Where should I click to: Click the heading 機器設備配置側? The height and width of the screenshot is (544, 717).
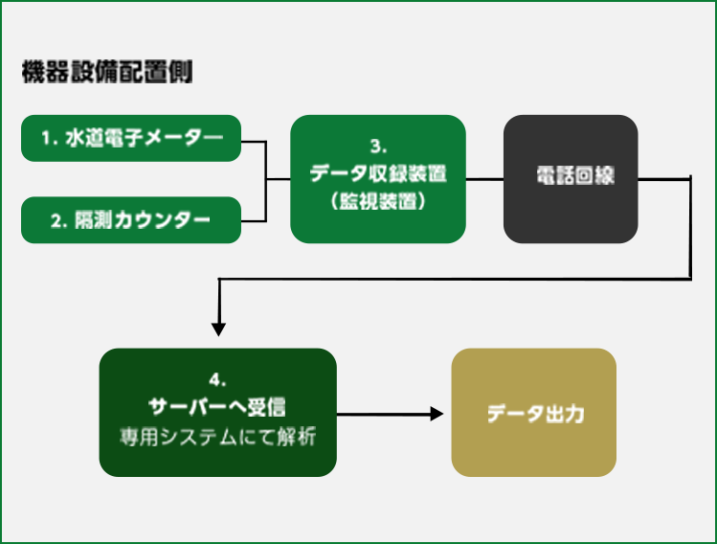[107, 72]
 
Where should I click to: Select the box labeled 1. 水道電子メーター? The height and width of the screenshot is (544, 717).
[131, 138]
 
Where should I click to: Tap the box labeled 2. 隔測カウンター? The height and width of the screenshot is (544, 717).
[131, 220]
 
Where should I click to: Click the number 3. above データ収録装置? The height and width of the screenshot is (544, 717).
[378, 147]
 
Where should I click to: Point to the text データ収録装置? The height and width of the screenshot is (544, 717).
[378, 173]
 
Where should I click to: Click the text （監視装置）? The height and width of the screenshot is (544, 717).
[378, 200]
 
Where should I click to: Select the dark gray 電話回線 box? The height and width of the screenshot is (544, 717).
[571, 179]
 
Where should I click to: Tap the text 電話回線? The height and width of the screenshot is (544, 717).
[575, 175]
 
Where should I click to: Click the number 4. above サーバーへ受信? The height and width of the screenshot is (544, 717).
[217, 380]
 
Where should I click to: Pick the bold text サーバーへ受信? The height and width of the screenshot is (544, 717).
[217, 407]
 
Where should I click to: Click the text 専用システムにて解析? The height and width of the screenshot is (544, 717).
[217, 437]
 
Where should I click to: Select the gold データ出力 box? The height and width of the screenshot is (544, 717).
[533, 413]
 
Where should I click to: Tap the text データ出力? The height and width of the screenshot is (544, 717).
[535, 414]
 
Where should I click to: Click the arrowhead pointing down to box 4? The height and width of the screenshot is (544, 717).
[218, 329]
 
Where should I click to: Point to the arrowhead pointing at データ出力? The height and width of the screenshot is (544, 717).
[437, 414]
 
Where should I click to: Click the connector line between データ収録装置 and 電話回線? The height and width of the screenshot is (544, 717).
[484, 179]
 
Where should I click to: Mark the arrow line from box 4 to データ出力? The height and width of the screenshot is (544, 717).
[390, 414]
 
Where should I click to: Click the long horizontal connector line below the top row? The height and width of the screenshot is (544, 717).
[455, 279]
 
